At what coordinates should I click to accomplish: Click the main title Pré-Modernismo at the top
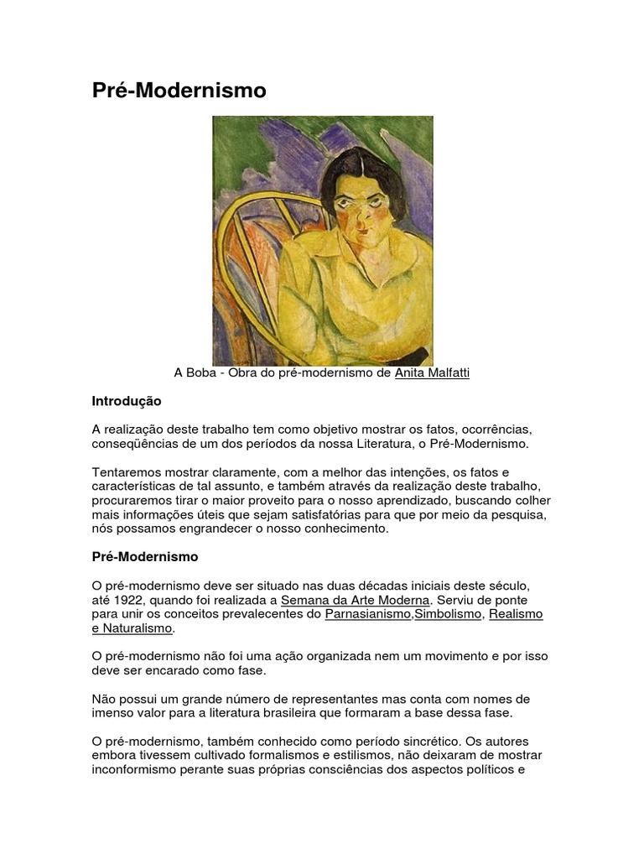pyautogui.click(x=179, y=91)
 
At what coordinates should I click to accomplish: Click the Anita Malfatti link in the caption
pyautogui.click(x=432, y=372)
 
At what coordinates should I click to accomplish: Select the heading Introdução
pyautogui.click(x=126, y=401)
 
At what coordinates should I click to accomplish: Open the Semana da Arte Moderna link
pyautogui.click(x=355, y=600)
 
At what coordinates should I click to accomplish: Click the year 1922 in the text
pyautogui.click(x=131, y=600)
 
